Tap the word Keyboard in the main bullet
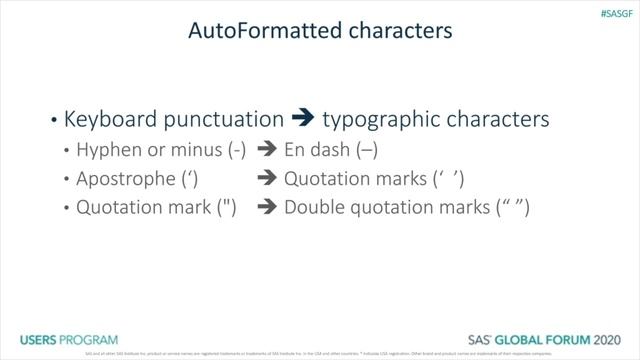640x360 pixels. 108,119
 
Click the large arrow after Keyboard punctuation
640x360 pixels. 304,119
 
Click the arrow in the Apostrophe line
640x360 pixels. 266,180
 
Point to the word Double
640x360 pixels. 315,209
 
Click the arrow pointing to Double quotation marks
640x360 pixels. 266,209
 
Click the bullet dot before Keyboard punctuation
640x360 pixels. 53,121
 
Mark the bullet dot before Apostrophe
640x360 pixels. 67,181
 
